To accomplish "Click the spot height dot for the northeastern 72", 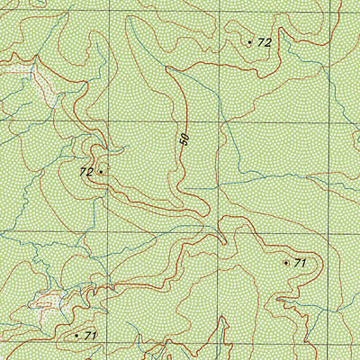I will tap(249, 41).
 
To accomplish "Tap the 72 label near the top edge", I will tap(264, 42).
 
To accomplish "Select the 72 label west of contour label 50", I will tap(86, 171).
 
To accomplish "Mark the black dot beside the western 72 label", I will tap(101, 170).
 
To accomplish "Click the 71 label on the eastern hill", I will tap(301, 263).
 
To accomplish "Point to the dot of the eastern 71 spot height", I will tap(286, 263).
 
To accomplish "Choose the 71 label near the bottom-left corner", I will tap(91, 335).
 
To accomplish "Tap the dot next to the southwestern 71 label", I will tap(76, 335).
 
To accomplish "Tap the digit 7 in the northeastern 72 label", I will tap(260, 42).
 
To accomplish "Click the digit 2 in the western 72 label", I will tap(90, 171).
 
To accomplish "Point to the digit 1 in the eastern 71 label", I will tap(304, 263).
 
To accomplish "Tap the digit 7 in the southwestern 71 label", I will tap(87, 335).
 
